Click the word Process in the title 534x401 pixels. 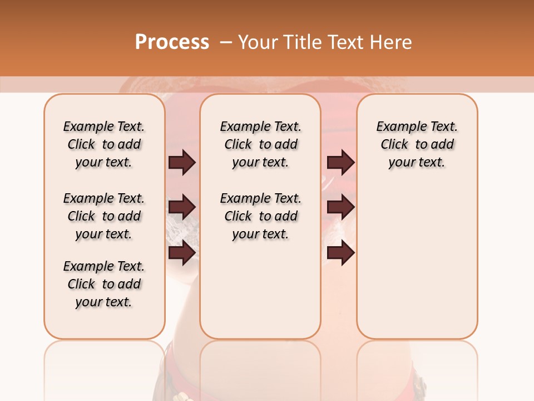[172, 42]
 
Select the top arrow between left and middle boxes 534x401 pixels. [182, 162]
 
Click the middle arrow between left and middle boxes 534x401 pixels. [182, 207]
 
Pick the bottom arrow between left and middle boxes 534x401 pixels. [182, 253]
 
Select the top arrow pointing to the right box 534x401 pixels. [340, 162]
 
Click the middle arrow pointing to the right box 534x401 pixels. [340, 207]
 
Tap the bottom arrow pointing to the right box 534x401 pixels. [340, 253]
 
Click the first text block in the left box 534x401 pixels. [104, 144]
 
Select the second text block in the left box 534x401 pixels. [104, 216]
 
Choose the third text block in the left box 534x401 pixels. [104, 284]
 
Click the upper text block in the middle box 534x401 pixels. [260, 144]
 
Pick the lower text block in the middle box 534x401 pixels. [260, 216]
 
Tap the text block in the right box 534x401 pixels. [417, 144]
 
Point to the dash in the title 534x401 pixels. [225, 42]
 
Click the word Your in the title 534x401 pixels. [255, 42]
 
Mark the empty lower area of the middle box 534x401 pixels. [260, 290]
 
